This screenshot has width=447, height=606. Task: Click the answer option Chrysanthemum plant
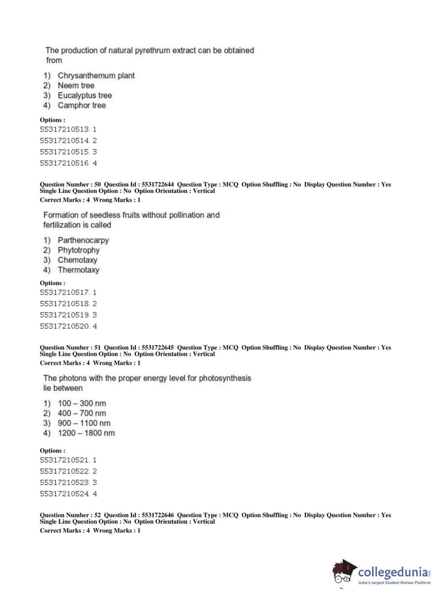pos(96,76)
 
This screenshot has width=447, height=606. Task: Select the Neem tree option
pos(76,85)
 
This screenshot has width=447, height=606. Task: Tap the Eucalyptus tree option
pos(84,95)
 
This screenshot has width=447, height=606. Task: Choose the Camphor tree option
pos(82,105)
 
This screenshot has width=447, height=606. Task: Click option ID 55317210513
pos(68,129)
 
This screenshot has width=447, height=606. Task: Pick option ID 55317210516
pos(68,163)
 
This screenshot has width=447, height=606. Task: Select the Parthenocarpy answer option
pos(83,240)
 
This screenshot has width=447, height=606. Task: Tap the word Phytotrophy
pos(79,250)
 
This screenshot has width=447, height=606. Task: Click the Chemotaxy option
pos(77,260)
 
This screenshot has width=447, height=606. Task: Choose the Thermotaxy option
pos(79,270)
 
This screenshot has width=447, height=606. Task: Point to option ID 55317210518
pos(68,303)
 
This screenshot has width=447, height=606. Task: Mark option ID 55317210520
pos(68,326)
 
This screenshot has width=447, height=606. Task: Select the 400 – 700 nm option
pos(82,413)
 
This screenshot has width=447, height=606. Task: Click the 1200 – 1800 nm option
pos(86,433)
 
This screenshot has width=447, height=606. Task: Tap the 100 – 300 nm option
pos(82,404)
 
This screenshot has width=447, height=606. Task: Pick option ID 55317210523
pos(68,483)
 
